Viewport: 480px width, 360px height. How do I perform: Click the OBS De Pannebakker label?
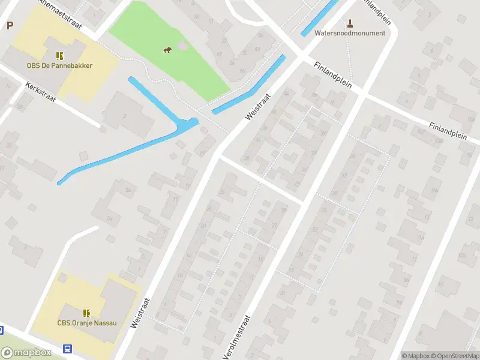pos(59,65)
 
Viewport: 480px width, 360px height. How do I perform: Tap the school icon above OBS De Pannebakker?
pos(59,56)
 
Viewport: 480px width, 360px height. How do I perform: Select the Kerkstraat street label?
pos(40,93)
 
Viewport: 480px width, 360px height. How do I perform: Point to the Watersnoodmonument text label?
pos(350,33)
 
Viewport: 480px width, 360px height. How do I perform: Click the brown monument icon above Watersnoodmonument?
pos(350,23)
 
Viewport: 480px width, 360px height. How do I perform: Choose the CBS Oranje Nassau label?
pos(87,323)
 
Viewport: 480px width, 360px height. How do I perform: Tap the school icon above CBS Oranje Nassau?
pos(87,313)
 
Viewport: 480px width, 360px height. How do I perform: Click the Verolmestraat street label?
pos(237,338)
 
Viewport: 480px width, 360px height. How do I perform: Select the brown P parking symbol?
pos(10,25)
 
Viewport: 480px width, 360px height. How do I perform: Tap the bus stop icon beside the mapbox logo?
pos(68,349)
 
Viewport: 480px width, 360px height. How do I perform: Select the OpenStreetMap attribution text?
pos(455,356)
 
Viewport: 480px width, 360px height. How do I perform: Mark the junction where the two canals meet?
pos(188,125)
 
